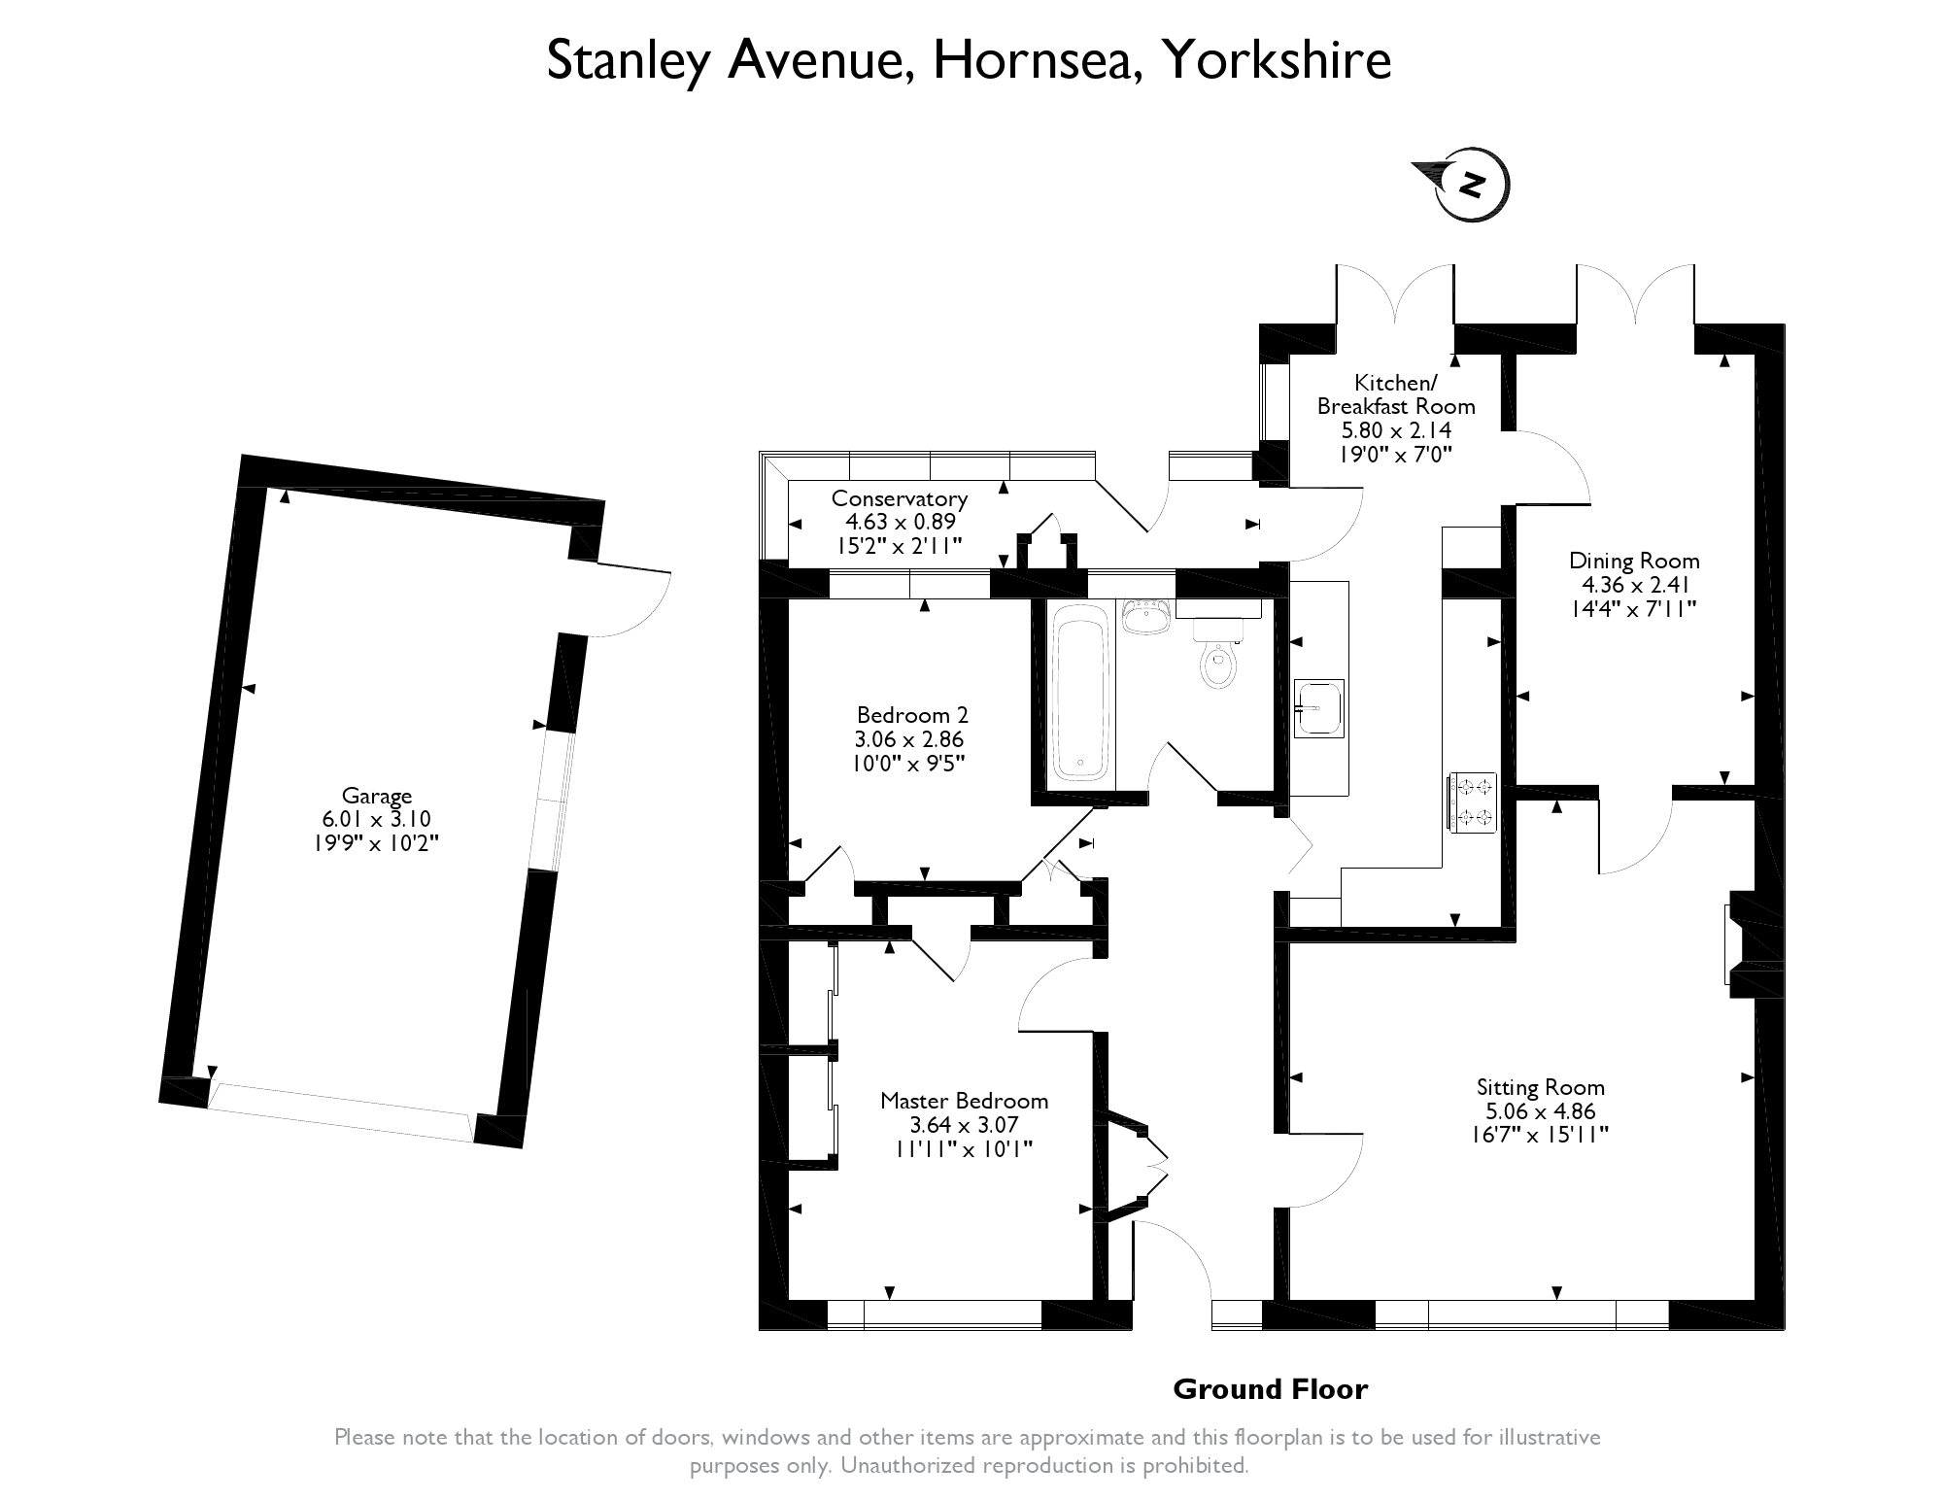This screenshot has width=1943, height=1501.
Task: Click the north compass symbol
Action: click(x=1462, y=184)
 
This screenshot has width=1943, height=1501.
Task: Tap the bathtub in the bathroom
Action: click(x=1079, y=693)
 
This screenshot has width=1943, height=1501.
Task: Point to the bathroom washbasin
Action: click(x=1146, y=616)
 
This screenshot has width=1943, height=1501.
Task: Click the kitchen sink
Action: click(x=1318, y=707)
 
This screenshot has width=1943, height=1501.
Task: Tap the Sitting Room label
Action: click(x=1540, y=1087)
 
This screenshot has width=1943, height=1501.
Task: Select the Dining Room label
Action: click(x=1634, y=561)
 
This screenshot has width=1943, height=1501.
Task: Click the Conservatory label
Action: click(x=900, y=498)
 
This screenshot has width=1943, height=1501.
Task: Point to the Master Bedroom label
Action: click(x=964, y=1101)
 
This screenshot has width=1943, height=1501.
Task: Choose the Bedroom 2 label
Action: click(x=912, y=715)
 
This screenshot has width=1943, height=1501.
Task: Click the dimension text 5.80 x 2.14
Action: click(x=1384, y=429)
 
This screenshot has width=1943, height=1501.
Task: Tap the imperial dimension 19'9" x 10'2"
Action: click(x=376, y=842)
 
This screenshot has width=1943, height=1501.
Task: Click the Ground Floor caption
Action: click(x=1270, y=1389)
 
